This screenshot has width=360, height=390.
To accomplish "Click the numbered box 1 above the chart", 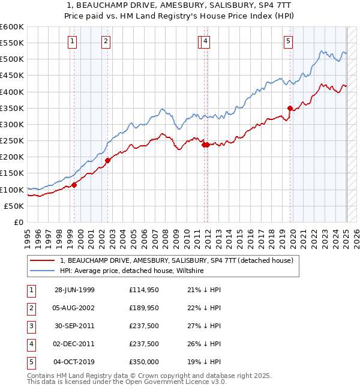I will tap(72, 41).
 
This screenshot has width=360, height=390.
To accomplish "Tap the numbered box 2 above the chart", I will tap(106, 41).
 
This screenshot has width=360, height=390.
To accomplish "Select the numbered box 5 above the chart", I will tap(288, 41).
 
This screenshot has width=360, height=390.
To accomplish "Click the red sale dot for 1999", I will tap(74, 185).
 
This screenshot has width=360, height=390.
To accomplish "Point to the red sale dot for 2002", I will tap(108, 160).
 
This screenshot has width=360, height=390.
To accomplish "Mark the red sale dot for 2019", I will tap(290, 108).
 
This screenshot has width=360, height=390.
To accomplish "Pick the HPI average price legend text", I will tap(132, 271).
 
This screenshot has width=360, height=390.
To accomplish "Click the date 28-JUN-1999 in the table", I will tap(74, 290).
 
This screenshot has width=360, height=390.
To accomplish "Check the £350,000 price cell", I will tap(144, 362).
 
